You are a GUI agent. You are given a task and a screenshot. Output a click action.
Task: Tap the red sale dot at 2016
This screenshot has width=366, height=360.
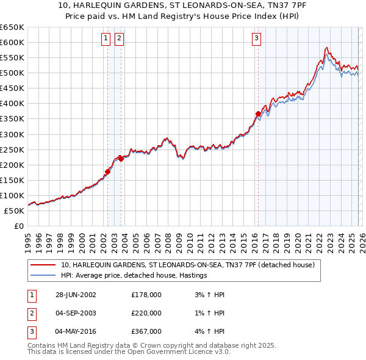tap(258, 113)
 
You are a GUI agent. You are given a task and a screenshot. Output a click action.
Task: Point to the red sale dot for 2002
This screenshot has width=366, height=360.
tap(108, 171)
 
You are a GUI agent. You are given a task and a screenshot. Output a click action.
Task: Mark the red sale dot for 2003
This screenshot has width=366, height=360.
tap(121, 159)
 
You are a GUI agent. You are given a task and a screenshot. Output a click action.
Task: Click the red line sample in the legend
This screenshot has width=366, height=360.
tap(43, 265)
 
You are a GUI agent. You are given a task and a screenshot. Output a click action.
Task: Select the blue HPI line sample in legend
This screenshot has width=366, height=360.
tap(43, 276)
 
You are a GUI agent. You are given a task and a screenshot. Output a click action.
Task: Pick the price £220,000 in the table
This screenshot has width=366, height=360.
tap(146, 313)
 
